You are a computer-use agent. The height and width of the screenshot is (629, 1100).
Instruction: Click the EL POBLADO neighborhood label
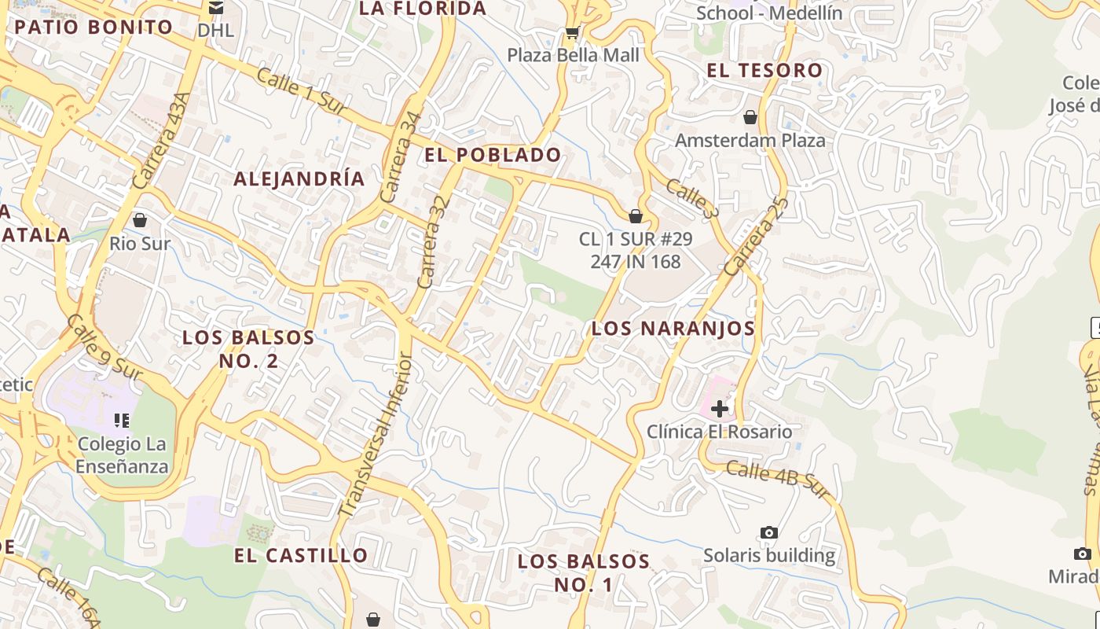493,155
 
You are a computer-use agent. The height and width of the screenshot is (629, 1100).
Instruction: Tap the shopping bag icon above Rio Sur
140,220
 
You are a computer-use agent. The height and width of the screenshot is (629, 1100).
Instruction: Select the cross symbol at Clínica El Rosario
719,408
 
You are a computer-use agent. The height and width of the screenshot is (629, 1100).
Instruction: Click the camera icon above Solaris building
769,532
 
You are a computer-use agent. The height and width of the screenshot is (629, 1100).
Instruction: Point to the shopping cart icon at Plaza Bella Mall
572,33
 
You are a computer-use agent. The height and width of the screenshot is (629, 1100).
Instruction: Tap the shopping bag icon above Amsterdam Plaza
750,117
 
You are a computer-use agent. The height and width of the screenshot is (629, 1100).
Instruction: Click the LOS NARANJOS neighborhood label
673,329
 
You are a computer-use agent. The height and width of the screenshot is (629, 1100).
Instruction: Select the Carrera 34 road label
400,157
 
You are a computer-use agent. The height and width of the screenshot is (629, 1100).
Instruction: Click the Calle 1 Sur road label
301,92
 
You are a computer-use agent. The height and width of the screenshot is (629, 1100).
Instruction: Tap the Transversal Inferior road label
376,435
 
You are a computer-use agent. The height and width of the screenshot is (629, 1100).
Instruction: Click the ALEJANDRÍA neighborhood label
299,178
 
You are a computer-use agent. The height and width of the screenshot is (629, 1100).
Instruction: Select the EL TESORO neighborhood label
764,70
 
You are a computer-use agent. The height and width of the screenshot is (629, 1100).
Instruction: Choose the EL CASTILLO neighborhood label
301,555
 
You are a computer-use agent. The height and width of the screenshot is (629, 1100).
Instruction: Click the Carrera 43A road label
163,141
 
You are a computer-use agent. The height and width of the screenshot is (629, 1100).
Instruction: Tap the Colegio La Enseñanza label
123,455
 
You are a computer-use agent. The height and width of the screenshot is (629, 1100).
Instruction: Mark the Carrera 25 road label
755,236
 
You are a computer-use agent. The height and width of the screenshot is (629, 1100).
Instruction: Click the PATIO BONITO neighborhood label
93,27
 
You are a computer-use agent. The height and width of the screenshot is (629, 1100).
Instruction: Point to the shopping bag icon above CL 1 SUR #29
636,215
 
